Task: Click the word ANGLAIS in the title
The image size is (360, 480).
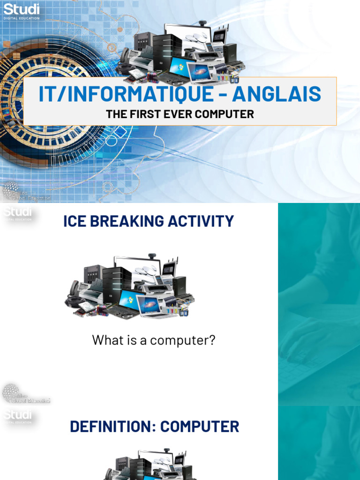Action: click(x=277, y=94)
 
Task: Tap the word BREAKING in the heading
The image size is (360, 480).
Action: click(x=128, y=221)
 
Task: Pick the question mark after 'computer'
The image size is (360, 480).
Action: click(x=212, y=340)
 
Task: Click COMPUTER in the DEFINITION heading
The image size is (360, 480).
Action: click(x=200, y=427)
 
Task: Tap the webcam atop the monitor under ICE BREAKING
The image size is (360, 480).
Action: click(x=152, y=257)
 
